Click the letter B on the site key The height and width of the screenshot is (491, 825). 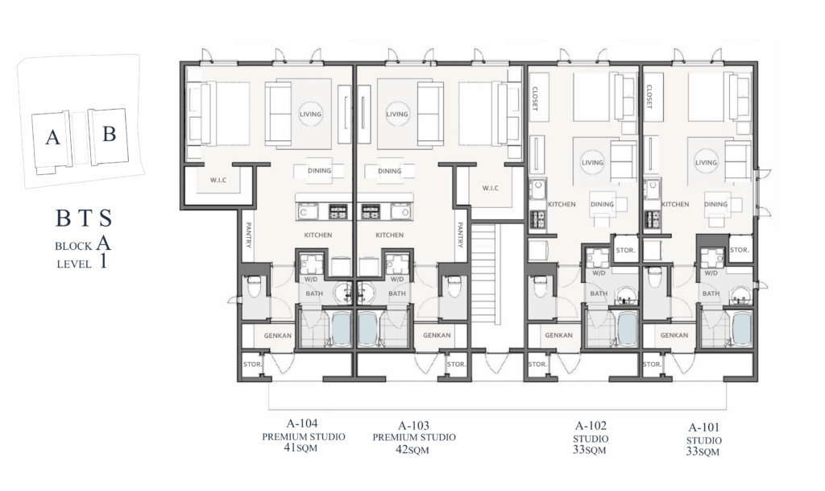coord(109,134)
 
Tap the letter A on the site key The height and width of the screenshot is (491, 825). coord(52,137)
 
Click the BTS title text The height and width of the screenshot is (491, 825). coord(84,218)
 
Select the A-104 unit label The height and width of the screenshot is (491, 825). coord(302,423)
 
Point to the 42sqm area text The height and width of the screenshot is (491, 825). coord(412,449)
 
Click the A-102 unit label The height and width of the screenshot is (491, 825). coord(591,426)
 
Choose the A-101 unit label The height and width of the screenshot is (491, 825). coord(704,427)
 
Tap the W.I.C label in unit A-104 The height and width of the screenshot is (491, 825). coord(218,180)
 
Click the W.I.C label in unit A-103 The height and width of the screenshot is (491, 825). coord(491,188)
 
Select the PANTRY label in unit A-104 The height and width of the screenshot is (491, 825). coord(249,235)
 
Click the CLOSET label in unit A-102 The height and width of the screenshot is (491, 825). coord(535,98)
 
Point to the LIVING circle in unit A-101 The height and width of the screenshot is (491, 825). coord(706,163)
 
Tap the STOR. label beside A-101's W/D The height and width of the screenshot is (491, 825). coord(740,250)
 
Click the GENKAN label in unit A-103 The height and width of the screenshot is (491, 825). coord(437,335)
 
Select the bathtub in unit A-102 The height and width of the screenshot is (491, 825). coord(627,329)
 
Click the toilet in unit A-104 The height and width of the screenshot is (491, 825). coord(255,287)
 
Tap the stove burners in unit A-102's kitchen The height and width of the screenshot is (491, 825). coord(537,219)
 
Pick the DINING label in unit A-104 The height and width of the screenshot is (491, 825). coord(319,170)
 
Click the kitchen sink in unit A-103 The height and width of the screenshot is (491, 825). coord(401,211)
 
